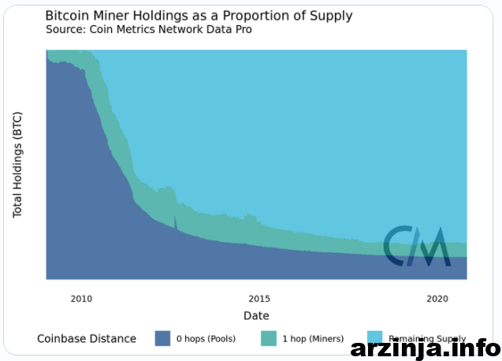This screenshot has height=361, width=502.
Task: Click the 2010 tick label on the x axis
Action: (x=81, y=299)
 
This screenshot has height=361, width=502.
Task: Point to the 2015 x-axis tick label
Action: (x=259, y=299)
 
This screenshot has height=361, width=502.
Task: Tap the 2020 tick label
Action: (x=437, y=299)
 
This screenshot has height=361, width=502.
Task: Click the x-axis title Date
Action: (x=256, y=315)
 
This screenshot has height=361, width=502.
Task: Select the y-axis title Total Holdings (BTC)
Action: (x=18, y=165)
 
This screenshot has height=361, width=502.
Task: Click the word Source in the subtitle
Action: (x=65, y=29)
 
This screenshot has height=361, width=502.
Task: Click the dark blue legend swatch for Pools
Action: (x=162, y=338)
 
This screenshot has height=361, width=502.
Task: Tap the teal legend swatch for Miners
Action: (x=269, y=338)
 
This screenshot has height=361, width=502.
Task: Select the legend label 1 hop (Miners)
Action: (x=313, y=339)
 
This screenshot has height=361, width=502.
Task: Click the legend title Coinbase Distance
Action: (x=87, y=339)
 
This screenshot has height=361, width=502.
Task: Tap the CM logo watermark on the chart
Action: (x=417, y=246)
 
